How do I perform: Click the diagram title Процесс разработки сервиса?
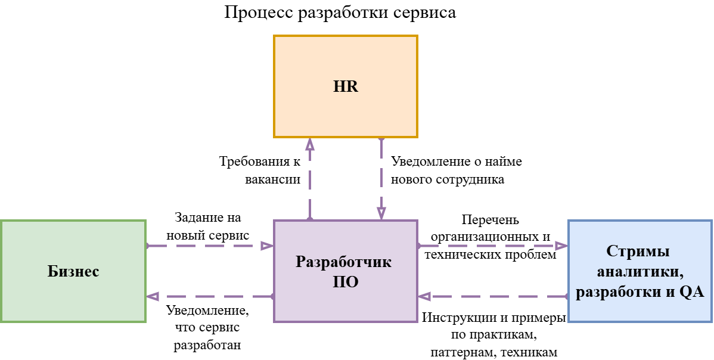click(x=340, y=13)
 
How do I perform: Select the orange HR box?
click(x=346, y=86)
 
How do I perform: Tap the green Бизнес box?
click(x=73, y=271)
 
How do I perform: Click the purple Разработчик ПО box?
click(x=345, y=271)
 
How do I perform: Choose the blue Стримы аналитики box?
click(x=640, y=271)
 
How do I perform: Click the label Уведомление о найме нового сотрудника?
click(x=456, y=170)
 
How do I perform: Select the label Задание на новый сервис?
click(x=207, y=226)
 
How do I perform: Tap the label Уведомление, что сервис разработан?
click(x=207, y=327)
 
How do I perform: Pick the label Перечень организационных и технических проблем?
click(x=490, y=237)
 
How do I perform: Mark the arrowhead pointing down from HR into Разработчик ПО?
click(x=381, y=214)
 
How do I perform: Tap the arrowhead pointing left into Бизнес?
click(x=153, y=296)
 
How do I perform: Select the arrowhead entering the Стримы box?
click(x=561, y=246)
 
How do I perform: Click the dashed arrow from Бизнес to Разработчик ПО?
click(x=209, y=246)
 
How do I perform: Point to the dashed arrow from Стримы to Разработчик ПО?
click(x=492, y=296)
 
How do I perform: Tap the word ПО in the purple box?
click(x=345, y=281)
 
